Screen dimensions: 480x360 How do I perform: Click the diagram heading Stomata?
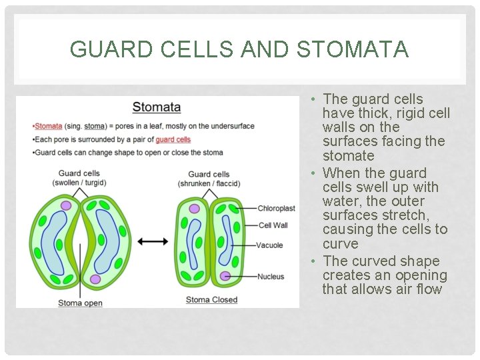[157, 107]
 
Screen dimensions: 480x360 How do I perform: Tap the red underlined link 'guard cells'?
[173, 139]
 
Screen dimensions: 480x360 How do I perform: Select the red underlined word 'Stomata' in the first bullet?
[48, 126]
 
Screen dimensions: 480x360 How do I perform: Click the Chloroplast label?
[276, 209]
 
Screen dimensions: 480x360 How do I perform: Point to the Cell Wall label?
[273, 225]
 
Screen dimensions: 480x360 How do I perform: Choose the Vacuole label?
[270, 245]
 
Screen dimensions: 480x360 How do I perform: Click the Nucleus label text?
[270, 277]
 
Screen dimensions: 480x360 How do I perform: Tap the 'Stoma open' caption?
[80, 303]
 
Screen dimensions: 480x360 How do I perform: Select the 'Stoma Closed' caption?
[211, 300]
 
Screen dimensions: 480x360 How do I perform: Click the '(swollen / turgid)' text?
[79, 183]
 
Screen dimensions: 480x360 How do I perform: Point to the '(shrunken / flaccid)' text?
[209, 184]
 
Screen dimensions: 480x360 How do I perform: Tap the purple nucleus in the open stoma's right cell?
[95, 279]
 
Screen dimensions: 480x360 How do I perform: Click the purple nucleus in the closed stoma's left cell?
[195, 209]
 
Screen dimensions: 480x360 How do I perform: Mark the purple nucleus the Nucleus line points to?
[226, 275]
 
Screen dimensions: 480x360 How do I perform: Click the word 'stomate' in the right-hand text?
[348, 156]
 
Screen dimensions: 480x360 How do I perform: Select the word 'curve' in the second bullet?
[340, 244]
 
